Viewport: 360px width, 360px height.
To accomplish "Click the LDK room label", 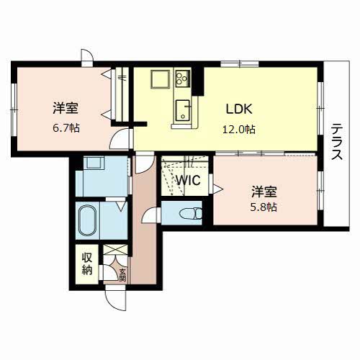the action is (239, 109).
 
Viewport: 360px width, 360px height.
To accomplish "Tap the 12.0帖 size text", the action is (239, 130).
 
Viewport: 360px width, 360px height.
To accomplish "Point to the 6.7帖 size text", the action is (66, 128).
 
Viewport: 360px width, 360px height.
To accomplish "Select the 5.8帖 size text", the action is (264, 207).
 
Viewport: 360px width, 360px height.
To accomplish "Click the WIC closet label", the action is (189, 180).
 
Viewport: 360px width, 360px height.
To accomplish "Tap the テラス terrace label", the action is (337, 142).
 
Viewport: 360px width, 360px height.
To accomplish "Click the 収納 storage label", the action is (87, 264).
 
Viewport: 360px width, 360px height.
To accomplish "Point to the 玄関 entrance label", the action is (122, 275).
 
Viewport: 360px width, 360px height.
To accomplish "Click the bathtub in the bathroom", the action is (88, 220).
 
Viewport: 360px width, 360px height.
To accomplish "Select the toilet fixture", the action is (191, 213).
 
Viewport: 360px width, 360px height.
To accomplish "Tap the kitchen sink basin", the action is (183, 110).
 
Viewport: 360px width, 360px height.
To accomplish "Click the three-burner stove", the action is (183, 78).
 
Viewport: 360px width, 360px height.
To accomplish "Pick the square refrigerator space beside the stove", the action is (160, 79).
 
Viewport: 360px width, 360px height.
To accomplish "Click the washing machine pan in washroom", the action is (94, 163).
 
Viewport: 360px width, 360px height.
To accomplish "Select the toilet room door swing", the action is (151, 215).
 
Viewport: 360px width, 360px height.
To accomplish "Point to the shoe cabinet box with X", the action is (115, 250).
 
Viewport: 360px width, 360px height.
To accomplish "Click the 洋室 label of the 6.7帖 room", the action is (66, 108).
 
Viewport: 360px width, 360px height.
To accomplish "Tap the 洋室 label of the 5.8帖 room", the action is (264, 192).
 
